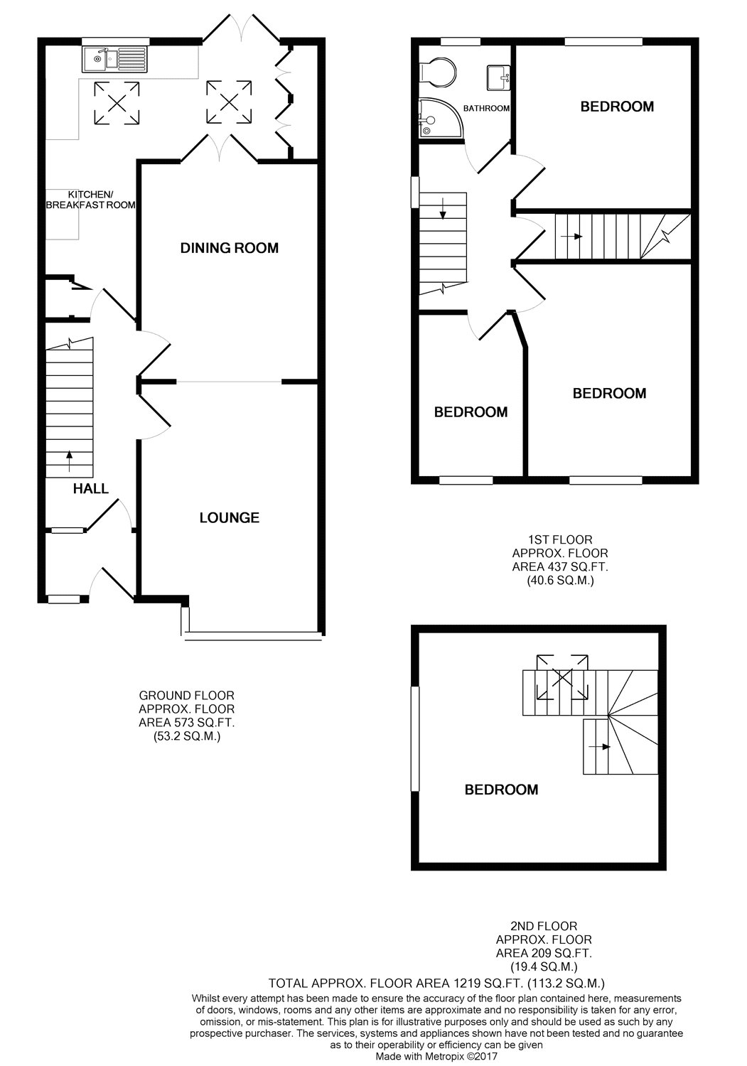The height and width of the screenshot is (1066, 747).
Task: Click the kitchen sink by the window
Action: point(114,59)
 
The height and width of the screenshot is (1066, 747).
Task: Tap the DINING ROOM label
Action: point(229,248)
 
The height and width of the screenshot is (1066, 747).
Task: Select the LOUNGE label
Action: point(229,518)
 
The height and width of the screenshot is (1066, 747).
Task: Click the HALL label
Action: point(91,488)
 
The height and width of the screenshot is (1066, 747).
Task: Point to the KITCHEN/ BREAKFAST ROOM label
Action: point(90,200)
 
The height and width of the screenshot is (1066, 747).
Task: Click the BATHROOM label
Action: point(486,109)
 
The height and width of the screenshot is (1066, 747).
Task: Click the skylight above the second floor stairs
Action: point(561,676)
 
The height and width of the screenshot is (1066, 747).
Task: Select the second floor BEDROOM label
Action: point(501,790)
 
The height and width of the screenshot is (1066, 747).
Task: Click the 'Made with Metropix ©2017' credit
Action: point(436,1056)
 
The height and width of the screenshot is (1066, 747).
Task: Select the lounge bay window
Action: point(252,634)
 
